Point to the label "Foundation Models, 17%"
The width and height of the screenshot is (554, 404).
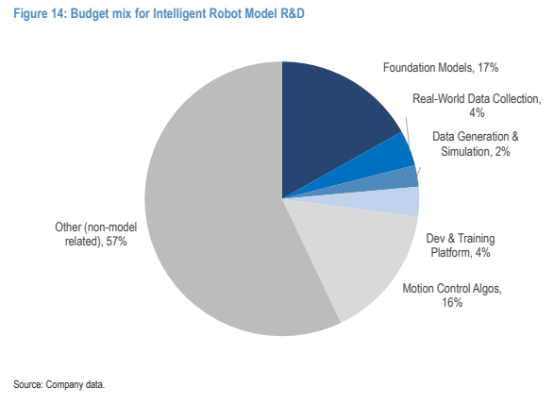click(x=441, y=68)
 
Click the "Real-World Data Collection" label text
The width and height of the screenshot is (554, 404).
click(x=477, y=98)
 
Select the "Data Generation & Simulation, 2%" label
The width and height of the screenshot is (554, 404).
click(x=476, y=143)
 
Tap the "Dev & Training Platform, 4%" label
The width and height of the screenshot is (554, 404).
click(x=461, y=245)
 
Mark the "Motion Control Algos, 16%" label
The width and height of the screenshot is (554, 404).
click(x=452, y=295)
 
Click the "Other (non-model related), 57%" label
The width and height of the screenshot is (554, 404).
click(x=95, y=234)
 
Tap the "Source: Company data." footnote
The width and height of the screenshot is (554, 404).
click(x=59, y=384)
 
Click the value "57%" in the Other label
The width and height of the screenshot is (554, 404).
click(x=117, y=242)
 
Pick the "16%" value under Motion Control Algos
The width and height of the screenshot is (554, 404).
click(x=452, y=303)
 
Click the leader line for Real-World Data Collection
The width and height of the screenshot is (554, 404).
click(x=408, y=131)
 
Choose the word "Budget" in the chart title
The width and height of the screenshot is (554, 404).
click(x=90, y=14)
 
